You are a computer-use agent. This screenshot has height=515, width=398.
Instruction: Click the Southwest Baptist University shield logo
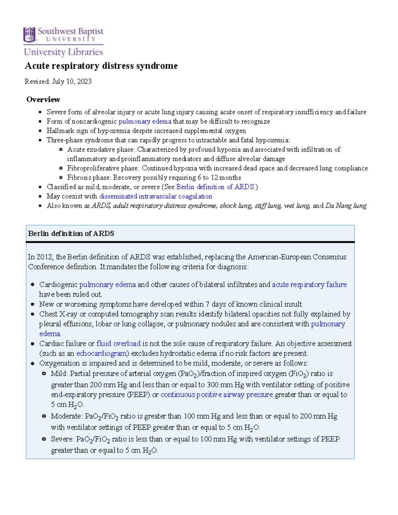tap(29, 35)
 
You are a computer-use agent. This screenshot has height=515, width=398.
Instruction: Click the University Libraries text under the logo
tap(63, 52)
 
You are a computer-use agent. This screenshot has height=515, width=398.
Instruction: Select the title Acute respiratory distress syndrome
tap(101, 66)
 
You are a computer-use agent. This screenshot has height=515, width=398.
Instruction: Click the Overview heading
tap(43, 99)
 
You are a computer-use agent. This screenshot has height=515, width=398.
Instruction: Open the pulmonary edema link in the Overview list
tap(145, 121)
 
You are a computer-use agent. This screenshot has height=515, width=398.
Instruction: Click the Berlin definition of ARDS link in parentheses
tap(215, 187)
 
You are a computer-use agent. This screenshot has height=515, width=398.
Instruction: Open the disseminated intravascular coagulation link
tap(156, 196)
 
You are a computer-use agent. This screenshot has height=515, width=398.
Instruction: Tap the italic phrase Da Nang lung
tap(346, 206)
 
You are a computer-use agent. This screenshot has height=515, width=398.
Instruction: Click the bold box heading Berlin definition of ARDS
tap(71, 233)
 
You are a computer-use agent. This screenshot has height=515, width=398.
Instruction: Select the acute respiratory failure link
tap(309, 285)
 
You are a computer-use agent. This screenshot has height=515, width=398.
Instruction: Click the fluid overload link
tap(118, 344)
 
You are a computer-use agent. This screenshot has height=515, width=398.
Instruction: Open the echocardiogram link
tap(101, 354)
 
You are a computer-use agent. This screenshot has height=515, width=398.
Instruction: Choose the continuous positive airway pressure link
tap(217, 395)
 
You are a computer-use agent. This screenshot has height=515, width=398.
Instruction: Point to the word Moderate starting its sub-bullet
tap(66, 416)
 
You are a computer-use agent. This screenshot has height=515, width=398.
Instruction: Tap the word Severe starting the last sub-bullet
tap(62, 439)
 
